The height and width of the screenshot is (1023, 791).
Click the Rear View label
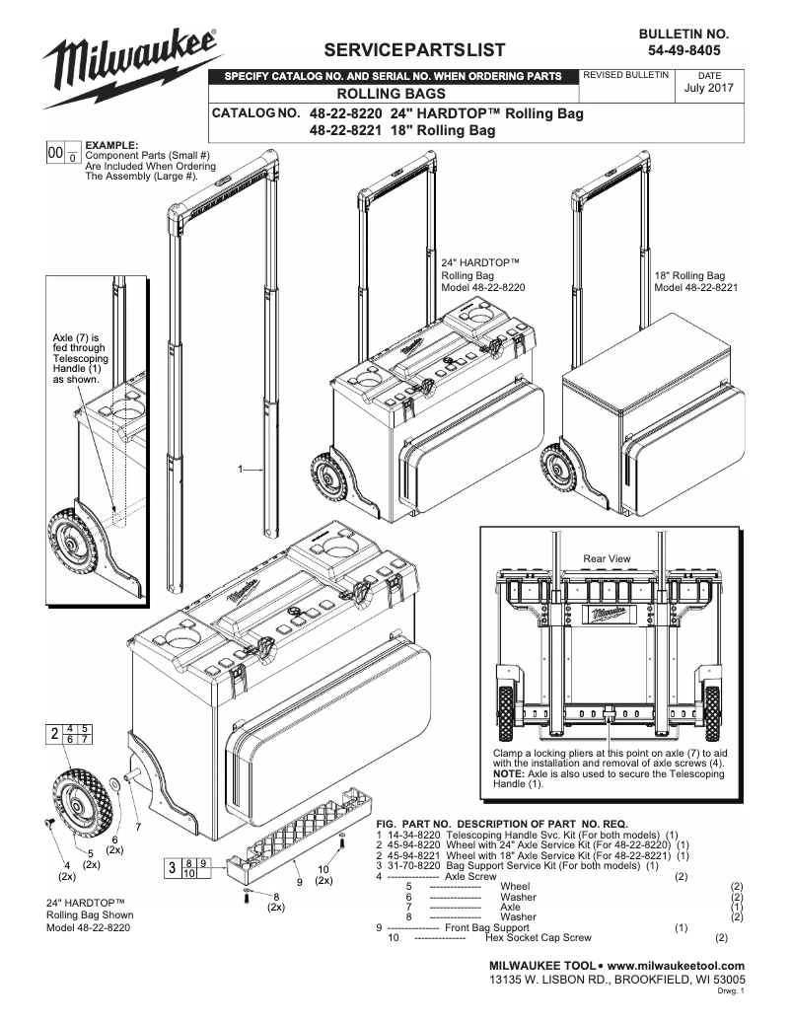(x=607, y=559)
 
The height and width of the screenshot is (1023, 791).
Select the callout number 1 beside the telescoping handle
(x=241, y=470)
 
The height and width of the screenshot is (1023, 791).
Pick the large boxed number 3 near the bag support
(x=172, y=868)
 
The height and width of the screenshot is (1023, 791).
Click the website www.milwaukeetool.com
(x=677, y=964)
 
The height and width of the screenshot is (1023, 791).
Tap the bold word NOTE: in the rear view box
(x=509, y=773)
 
